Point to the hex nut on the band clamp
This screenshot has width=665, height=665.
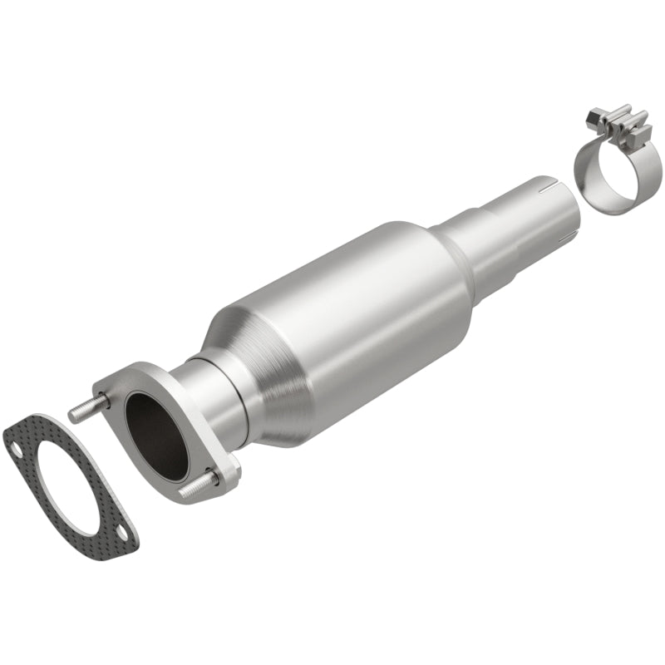pyautogui.click(x=594, y=119)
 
